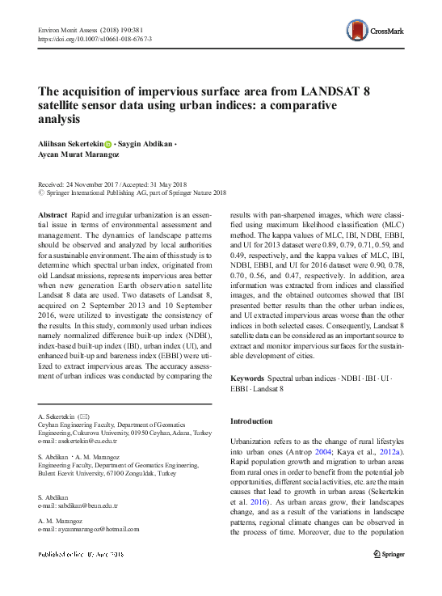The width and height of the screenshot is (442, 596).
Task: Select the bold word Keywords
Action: pyautogui.click(x=247, y=378)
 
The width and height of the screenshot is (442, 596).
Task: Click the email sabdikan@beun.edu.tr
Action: pyautogui.click(x=82, y=505)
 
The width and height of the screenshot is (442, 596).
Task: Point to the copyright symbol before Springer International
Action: pyautogui.click(x=42, y=193)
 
